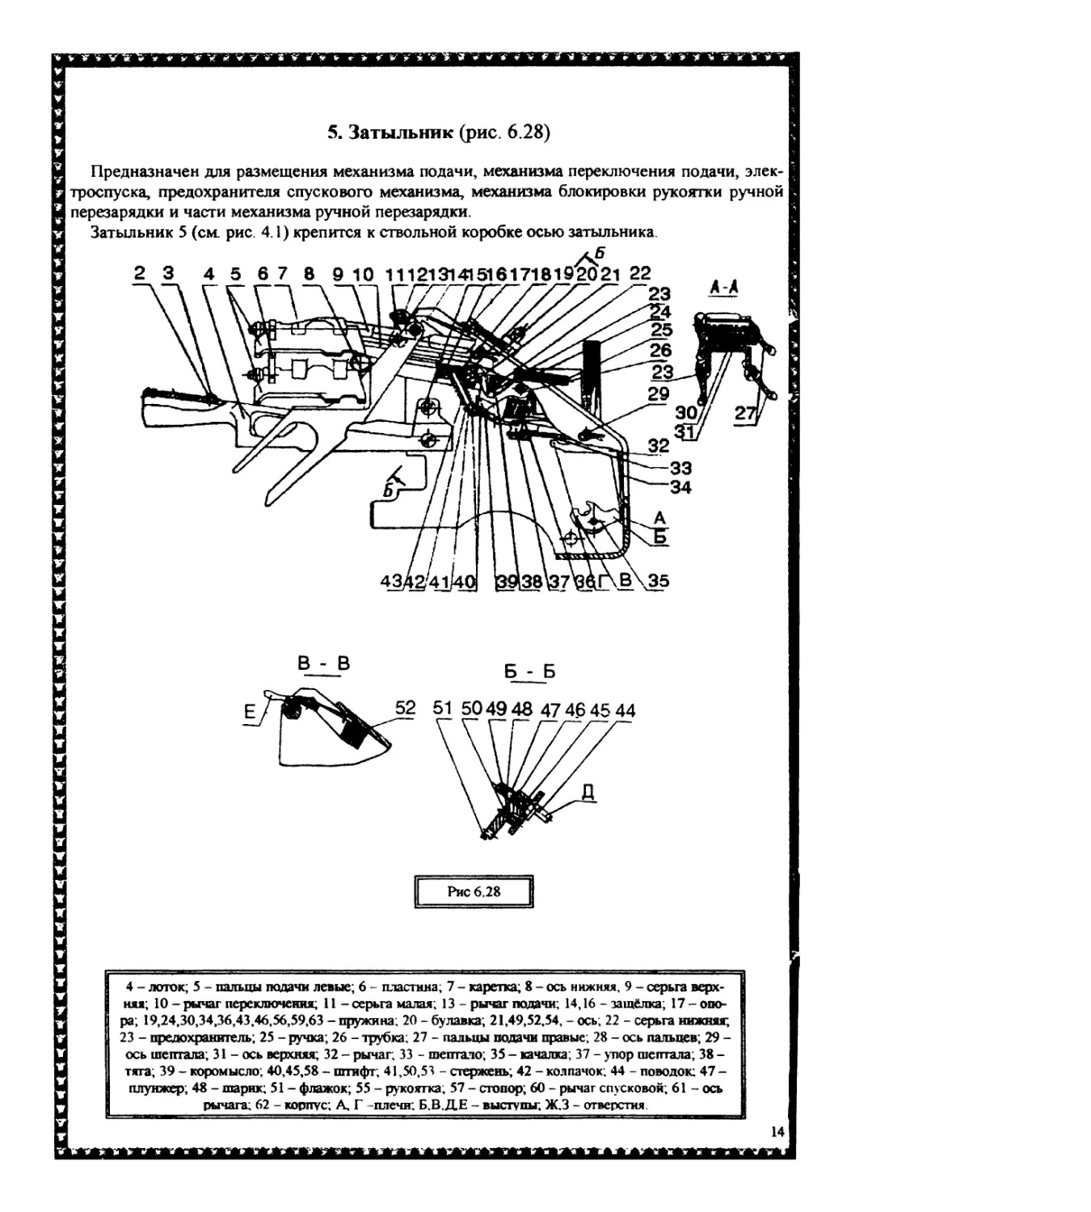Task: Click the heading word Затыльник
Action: click(x=401, y=133)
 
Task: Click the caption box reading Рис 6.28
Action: click(x=474, y=891)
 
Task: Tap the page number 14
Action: click(x=777, y=1132)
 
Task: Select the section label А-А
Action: click(x=724, y=287)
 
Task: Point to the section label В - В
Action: click(x=323, y=663)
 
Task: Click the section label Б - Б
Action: click(x=529, y=671)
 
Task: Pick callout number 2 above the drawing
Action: click(x=140, y=273)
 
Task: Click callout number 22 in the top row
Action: click(x=639, y=273)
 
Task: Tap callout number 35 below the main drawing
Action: click(x=658, y=580)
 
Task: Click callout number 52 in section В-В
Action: click(x=405, y=707)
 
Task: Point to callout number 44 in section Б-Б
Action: click(x=625, y=710)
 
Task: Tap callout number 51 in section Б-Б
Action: click(x=442, y=708)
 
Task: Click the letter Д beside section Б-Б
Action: click(x=588, y=792)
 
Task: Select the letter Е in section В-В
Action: click(x=250, y=712)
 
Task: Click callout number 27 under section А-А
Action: click(x=745, y=414)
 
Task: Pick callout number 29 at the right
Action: click(x=659, y=393)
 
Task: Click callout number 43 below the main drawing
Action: click(x=390, y=581)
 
